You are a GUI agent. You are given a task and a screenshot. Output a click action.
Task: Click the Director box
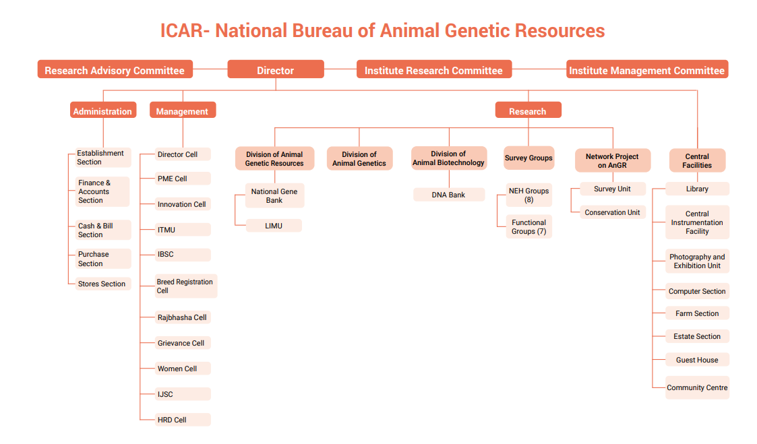point(276,69)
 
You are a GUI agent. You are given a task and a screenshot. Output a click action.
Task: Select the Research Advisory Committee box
point(115,69)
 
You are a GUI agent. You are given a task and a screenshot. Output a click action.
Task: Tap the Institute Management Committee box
point(647,69)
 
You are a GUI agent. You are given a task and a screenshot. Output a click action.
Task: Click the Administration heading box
point(103,110)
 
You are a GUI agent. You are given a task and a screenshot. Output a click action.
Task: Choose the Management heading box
point(183,110)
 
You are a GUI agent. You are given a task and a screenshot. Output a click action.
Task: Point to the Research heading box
point(528,110)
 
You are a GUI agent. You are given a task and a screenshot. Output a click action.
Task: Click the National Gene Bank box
point(275,195)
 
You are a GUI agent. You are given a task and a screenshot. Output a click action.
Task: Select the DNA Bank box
point(449,195)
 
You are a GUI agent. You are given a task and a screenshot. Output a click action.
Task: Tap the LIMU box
point(274,226)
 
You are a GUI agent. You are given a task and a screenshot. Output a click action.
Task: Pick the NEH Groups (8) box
point(529,195)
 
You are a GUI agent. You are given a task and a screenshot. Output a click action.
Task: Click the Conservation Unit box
point(613,212)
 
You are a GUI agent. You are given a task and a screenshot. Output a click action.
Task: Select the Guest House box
point(697,360)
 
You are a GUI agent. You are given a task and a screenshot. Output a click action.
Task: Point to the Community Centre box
point(697,387)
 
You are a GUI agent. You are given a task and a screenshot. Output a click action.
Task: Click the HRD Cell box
point(183,419)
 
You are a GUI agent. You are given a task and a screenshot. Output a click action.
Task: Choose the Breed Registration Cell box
point(186,286)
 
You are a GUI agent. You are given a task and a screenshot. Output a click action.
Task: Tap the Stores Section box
point(103,284)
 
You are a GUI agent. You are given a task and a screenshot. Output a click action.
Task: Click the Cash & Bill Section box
point(103,230)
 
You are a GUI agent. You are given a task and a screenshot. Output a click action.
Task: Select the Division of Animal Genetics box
point(360,159)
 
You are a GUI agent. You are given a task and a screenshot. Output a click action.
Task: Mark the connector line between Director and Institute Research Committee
point(340,69)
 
